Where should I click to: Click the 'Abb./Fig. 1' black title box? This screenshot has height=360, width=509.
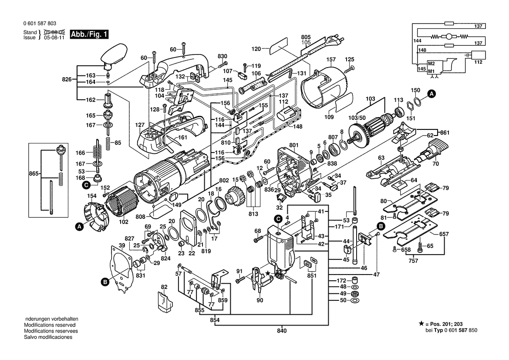89,34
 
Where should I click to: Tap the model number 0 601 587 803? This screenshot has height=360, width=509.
40,24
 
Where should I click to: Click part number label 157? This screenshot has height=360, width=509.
331,59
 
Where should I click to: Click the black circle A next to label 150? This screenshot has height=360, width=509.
431,94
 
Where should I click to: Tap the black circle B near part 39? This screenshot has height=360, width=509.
105,282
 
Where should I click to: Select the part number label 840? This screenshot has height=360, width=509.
282,331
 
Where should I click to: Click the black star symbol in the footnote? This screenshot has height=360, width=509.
421,324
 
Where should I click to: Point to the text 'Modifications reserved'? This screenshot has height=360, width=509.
50,325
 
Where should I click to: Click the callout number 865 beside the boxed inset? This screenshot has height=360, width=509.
34,174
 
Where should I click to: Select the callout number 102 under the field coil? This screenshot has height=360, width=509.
124,222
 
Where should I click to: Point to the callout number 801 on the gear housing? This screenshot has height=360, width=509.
294,145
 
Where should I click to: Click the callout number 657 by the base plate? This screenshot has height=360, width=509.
444,234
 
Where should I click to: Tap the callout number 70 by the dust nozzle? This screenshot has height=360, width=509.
436,164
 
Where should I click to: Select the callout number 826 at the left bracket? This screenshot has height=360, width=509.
67,79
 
